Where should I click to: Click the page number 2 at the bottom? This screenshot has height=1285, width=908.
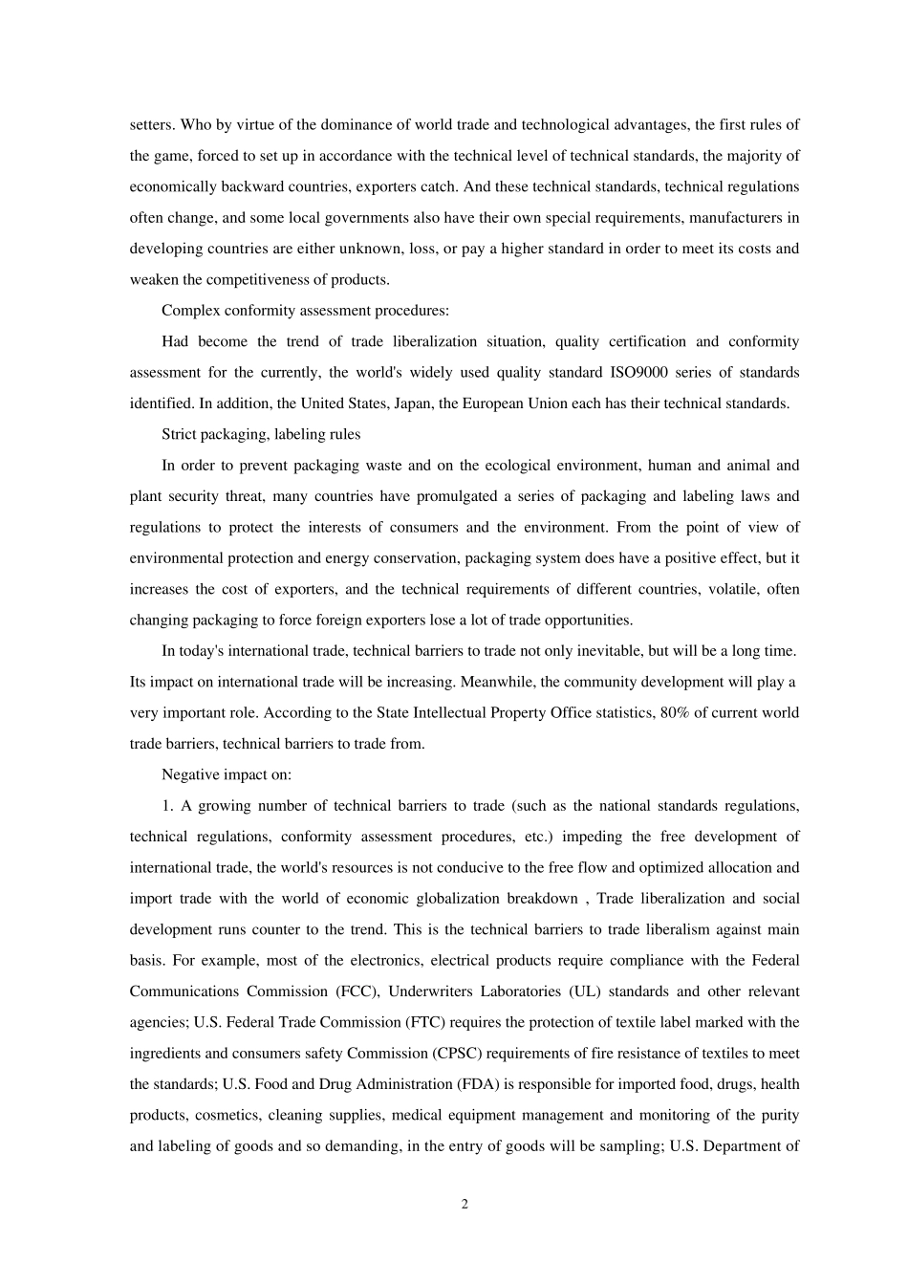pos(465,1205)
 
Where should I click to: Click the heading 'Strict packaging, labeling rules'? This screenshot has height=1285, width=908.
pos(261,434)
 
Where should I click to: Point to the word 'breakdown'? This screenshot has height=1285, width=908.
pos(540,899)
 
